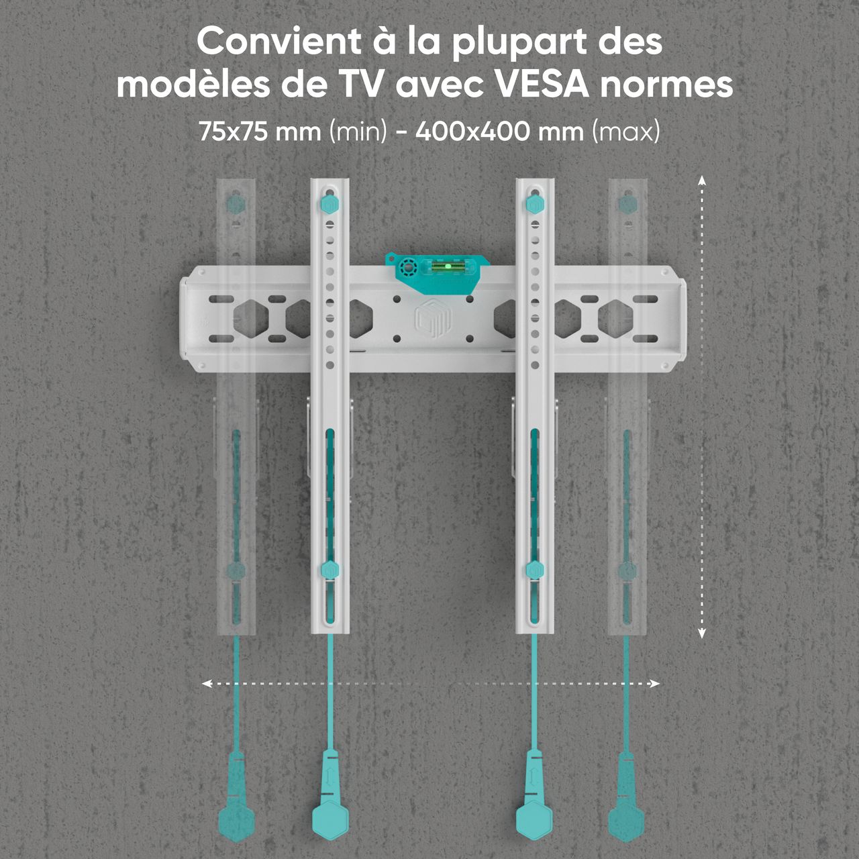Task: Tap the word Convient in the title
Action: [x=279, y=42]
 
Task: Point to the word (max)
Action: [x=626, y=132]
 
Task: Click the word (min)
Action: [x=358, y=132]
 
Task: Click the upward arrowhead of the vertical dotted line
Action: [x=702, y=180]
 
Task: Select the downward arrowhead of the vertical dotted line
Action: [x=702, y=633]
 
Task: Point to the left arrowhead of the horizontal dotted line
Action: [x=207, y=683]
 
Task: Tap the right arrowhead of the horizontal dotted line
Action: [x=654, y=683]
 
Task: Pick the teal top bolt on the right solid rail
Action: [x=534, y=204]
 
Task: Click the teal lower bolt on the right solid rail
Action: [x=534, y=570]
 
